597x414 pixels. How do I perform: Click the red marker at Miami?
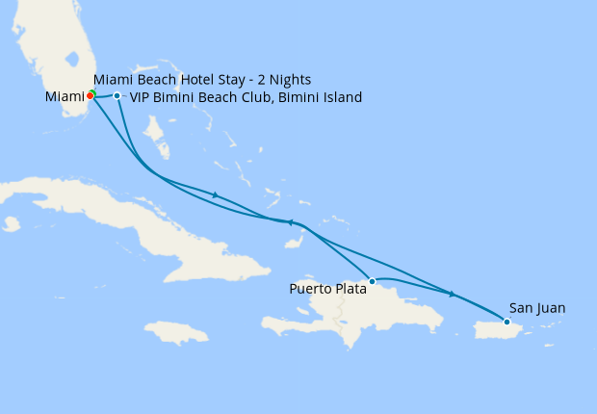(x=91, y=95)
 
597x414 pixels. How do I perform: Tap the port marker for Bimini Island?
(x=117, y=95)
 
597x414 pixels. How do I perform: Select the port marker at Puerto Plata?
(x=372, y=280)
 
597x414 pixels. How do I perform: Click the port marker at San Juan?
(x=506, y=322)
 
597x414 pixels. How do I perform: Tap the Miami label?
(x=64, y=96)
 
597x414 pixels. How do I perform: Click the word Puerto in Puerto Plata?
(x=311, y=287)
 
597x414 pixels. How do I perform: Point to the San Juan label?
(x=537, y=308)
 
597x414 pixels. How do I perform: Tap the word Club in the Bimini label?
(x=250, y=97)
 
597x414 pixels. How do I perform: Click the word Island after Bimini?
(x=342, y=97)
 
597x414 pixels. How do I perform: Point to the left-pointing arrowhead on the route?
(x=289, y=222)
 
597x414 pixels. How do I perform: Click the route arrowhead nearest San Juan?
(x=452, y=294)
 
